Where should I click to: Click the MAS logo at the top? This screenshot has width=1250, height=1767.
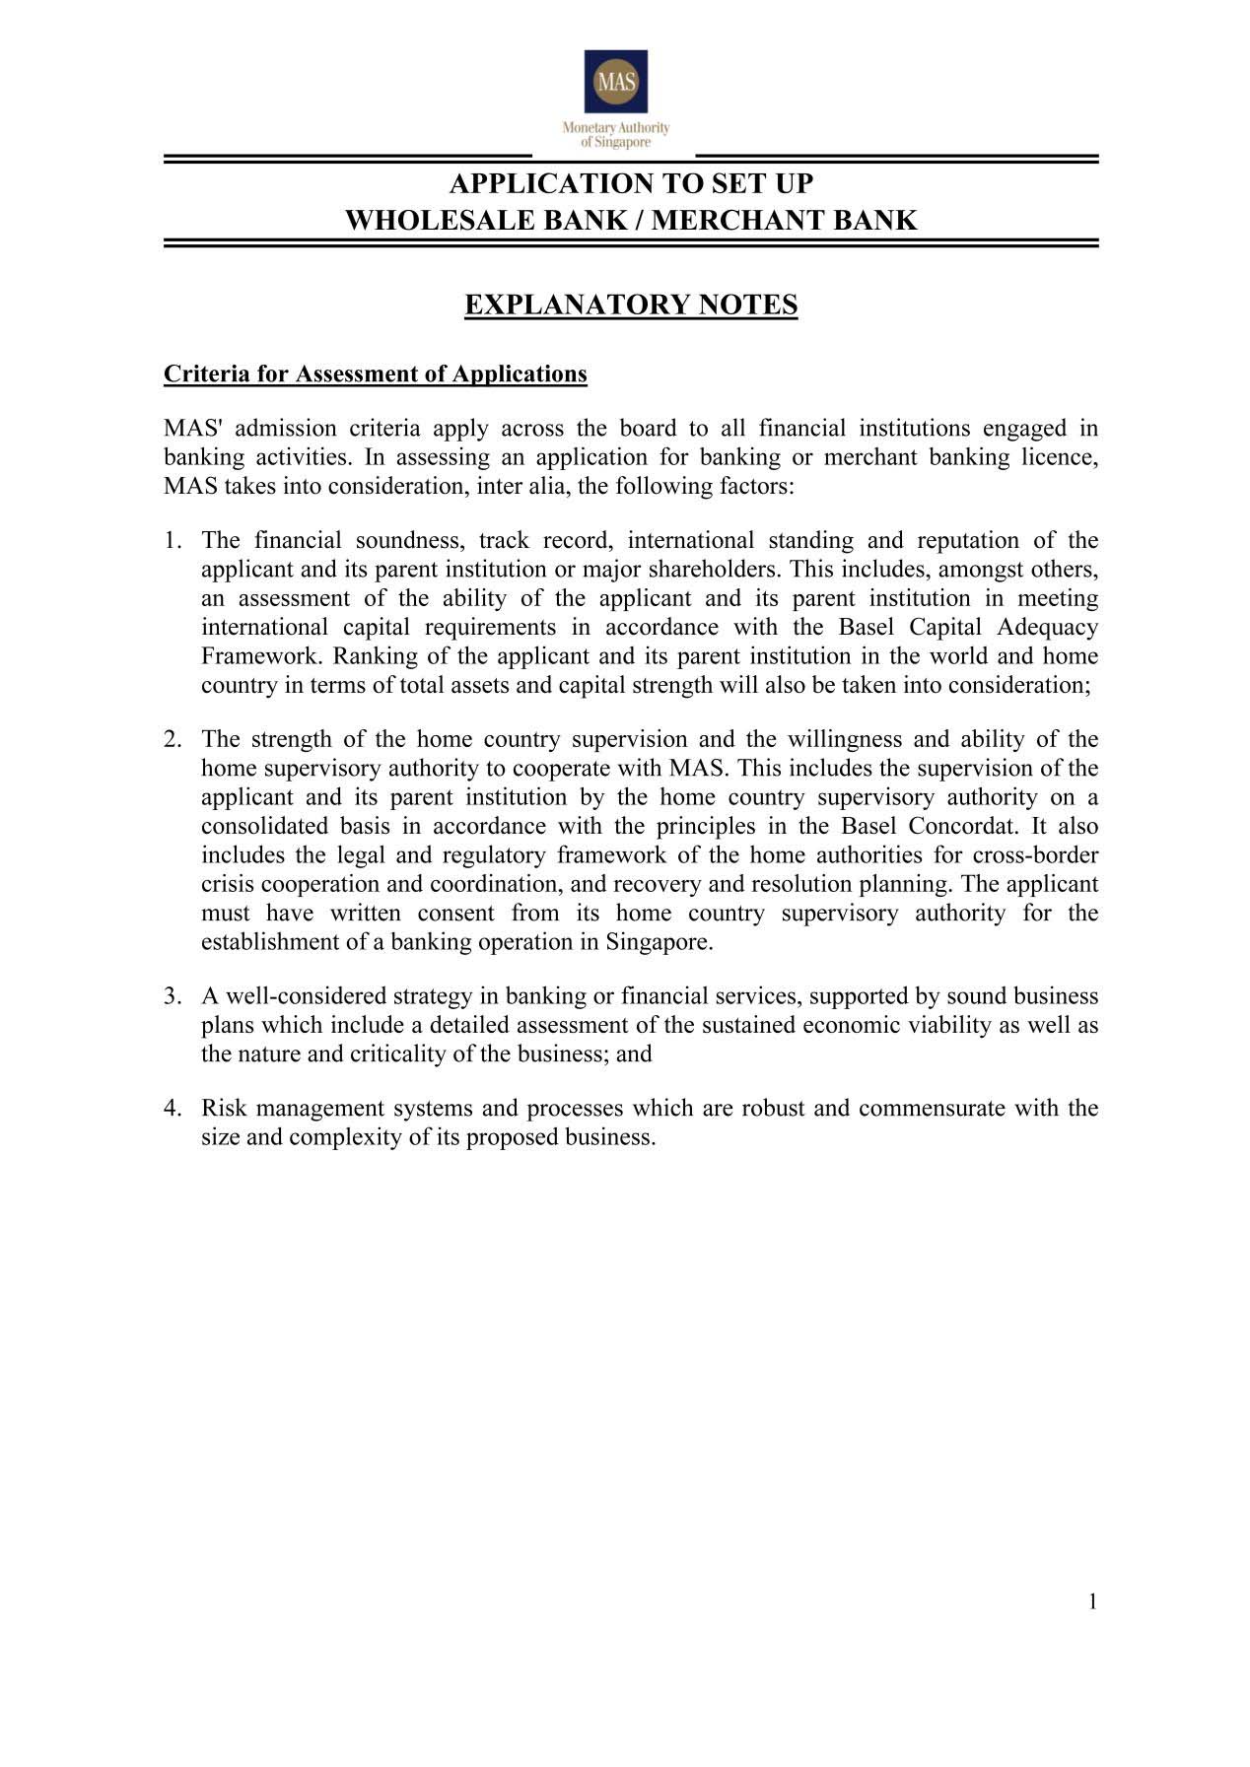click(615, 82)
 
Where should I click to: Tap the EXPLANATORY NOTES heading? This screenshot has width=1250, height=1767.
click(631, 306)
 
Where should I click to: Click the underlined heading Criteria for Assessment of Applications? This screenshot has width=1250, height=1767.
click(375, 374)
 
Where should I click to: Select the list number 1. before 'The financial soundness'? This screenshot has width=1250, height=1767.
click(174, 540)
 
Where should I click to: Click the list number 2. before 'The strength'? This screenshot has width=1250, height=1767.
click(174, 739)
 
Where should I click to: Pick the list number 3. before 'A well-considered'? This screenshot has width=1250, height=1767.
click(174, 996)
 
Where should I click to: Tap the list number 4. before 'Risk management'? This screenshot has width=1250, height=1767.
click(174, 1109)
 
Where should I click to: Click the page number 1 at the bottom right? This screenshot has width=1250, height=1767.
click(1092, 1601)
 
